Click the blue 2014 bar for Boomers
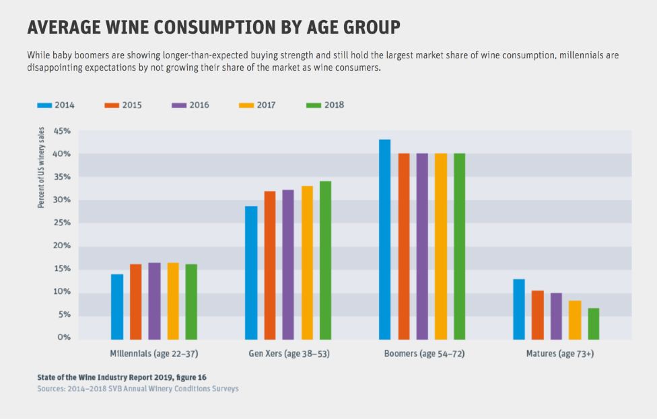385,239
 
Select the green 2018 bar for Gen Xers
325,260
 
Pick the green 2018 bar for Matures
593,323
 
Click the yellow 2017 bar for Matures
575,319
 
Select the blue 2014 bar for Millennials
117,306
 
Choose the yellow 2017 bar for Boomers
440,246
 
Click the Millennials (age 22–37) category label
154,353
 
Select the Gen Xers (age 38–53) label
287,353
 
